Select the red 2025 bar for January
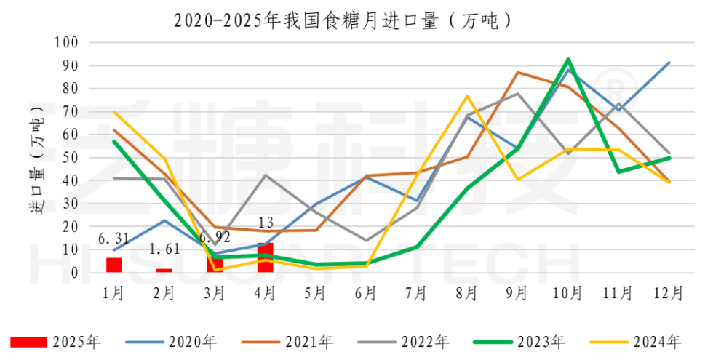pyautogui.click(x=114, y=265)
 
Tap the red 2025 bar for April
pyautogui.click(x=265, y=257)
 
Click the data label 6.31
pyautogui.click(x=114, y=237)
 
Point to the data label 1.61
pyautogui.click(x=164, y=249)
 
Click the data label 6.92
pyautogui.click(x=215, y=238)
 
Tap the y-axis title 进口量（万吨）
pyautogui.click(x=37, y=158)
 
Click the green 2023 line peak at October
pyautogui.click(x=567, y=60)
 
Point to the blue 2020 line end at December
pyautogui.click(x=668, y=63)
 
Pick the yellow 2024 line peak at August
pyautogui.click(x=467, y=96)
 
